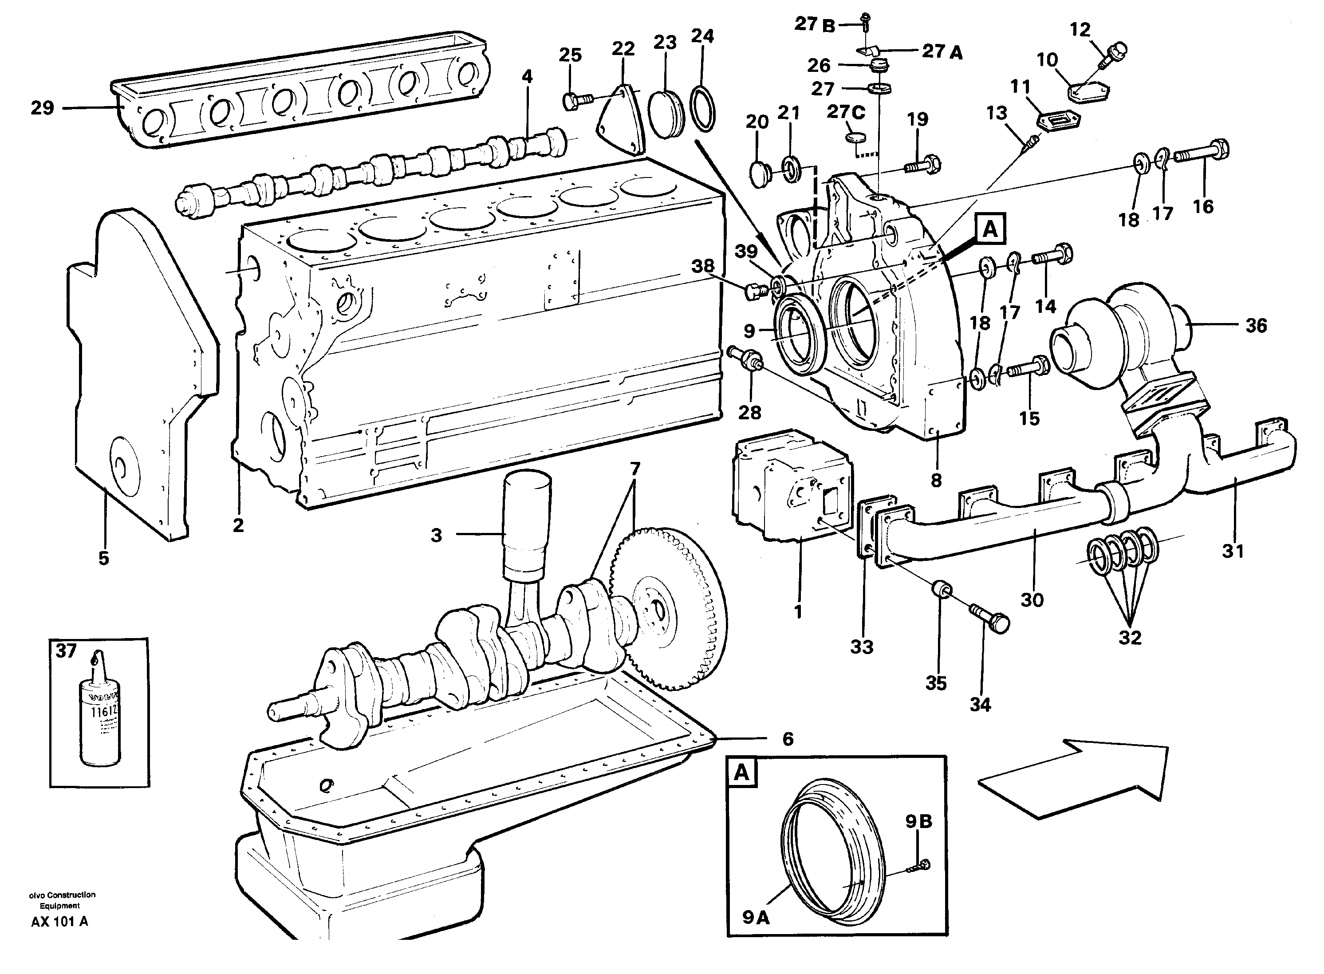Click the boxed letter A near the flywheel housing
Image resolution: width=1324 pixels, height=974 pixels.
[x=990, y=229]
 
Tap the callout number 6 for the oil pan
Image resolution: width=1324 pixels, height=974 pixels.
[x=788, y=739]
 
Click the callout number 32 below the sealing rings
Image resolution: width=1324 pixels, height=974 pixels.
[x=1130, y=637]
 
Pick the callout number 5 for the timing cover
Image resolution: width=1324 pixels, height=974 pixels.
[x=104, y=558]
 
